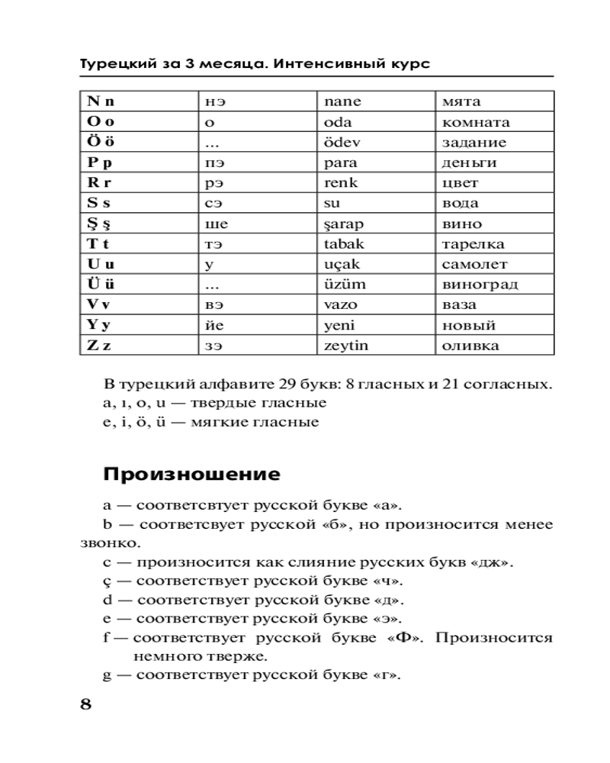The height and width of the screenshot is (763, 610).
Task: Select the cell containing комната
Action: (x=476, y=122)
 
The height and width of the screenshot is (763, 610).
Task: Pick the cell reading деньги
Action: (x=469, y=163)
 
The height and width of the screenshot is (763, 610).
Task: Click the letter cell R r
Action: (x=100, y=182)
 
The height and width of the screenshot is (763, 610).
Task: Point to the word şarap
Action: (x=345, y=224)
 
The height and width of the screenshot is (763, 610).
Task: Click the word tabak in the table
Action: (x=345, y=244)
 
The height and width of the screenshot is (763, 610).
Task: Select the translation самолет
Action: (x=474, y=265)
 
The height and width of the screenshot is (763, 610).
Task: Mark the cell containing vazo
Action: (x=341, y=304)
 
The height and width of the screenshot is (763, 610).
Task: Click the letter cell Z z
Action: (x=99, y=346)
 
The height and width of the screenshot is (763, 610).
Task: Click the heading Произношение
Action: (x=191, y=475)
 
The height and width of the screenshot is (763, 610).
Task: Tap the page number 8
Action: (x=85, y=703)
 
